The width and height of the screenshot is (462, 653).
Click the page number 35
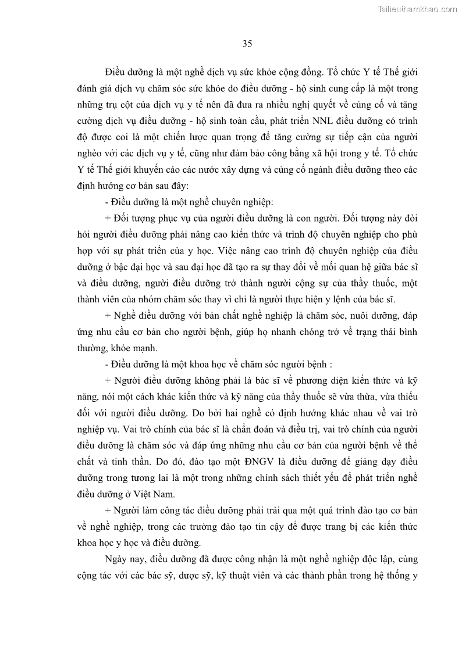click(247, 43)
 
